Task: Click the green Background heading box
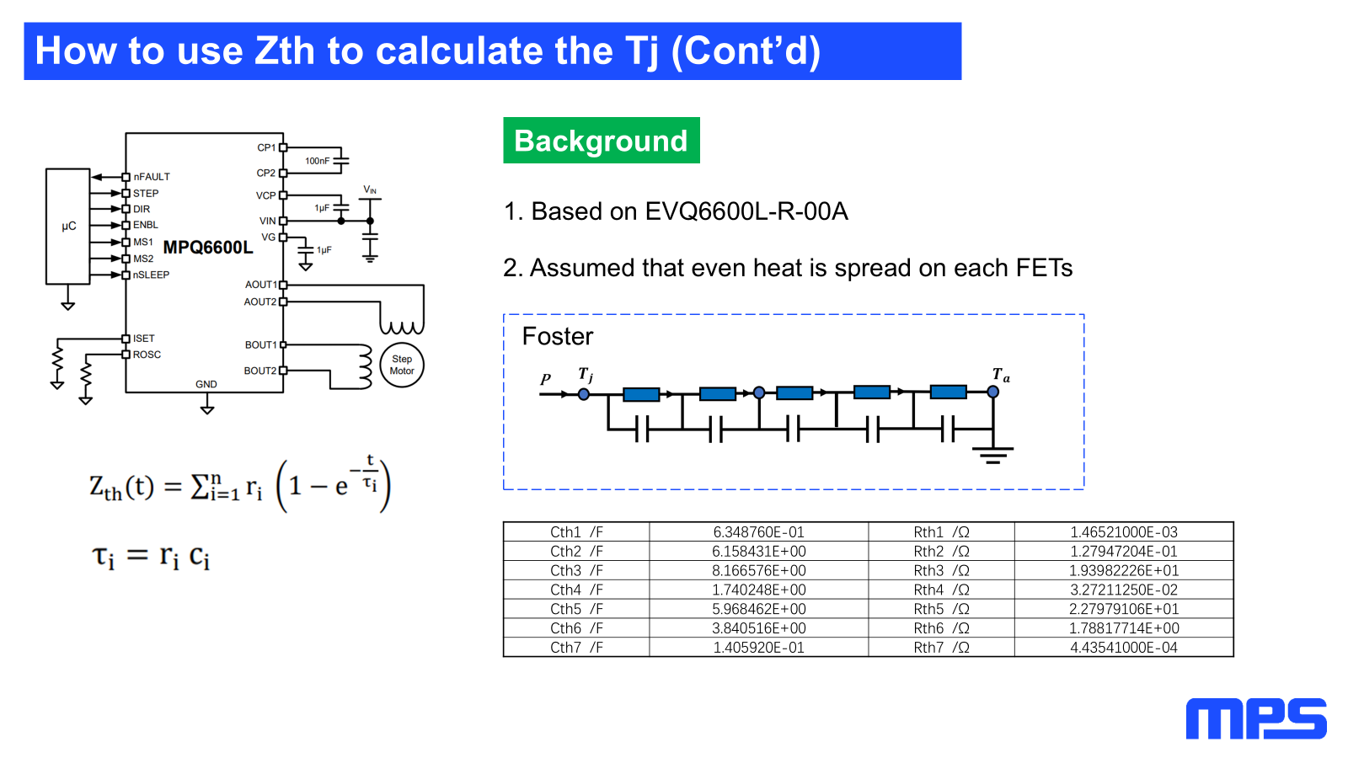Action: point(601,141)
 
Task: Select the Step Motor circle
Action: point(402,365)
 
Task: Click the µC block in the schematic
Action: point(68,226)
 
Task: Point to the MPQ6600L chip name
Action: point(207,247)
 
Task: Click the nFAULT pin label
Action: point(152,177)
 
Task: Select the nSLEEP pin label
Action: point(151,275)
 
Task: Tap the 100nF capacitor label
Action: point(317,161)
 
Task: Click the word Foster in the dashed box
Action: point(557,337)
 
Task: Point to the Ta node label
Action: point(1000,375)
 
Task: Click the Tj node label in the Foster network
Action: point(586,374)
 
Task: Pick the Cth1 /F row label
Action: point(576,532)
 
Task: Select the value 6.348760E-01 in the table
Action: point(758,532)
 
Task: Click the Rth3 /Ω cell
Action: point(941,571)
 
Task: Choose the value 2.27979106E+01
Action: point(1124,609)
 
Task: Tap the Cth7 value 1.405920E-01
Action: point(758,648)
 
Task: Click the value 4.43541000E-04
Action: point(1124,648)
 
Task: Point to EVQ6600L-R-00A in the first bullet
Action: point(746,211)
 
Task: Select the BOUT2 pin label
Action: point(259,371)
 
